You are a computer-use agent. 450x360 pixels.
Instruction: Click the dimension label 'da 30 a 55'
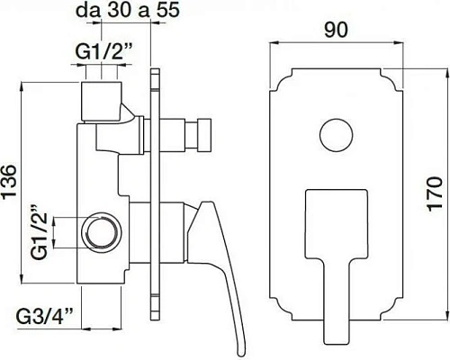[x=128, y=10]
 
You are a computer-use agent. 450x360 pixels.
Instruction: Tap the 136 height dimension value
[x=9, y=181]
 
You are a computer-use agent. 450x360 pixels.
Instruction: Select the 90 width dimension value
[x=336, y=30]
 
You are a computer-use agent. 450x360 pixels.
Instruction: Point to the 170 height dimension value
[x=435, y=194]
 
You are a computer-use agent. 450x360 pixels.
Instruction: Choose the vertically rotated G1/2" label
[x=40, y=232]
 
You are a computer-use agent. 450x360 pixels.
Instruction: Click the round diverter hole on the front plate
[x=336, y=135]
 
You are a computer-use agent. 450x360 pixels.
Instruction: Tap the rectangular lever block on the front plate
[x=336, y=224]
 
